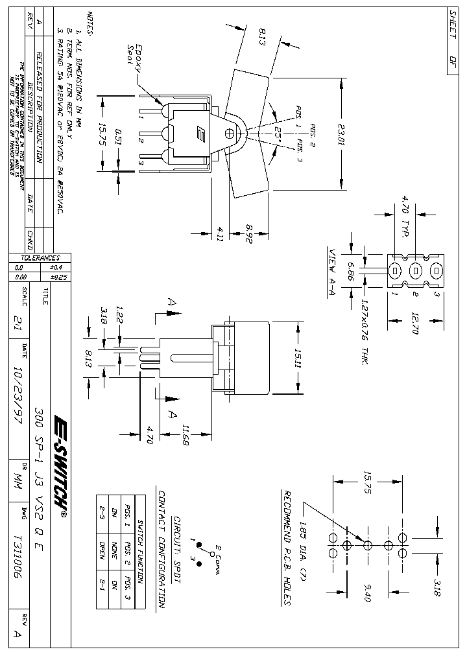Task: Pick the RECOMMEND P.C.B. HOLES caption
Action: [286, 548]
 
